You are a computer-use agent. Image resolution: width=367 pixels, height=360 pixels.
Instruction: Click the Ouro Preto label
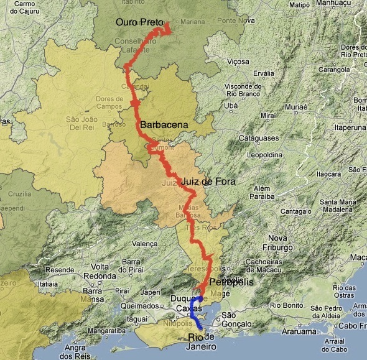139,22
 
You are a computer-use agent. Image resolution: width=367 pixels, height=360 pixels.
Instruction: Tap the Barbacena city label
164,125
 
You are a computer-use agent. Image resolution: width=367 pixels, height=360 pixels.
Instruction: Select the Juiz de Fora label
208,182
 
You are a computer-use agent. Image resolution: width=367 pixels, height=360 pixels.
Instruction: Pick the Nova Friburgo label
277,243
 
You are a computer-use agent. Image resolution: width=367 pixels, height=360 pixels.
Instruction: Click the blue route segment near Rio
196,314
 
